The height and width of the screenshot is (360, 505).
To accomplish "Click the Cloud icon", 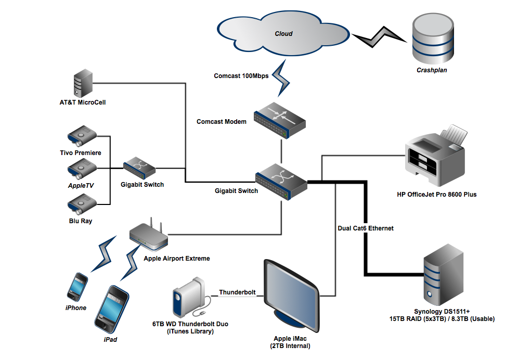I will click(283, 34).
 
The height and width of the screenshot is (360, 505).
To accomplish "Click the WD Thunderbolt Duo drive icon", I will click(186, 299).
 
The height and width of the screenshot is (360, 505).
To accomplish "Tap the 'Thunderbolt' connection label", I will click(237, 292).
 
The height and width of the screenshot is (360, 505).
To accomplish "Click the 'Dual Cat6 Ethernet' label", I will click(365, 228).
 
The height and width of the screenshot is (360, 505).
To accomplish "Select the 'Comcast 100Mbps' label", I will click(241, 76).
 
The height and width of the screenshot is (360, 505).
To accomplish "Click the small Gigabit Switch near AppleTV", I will click(139, 168).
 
